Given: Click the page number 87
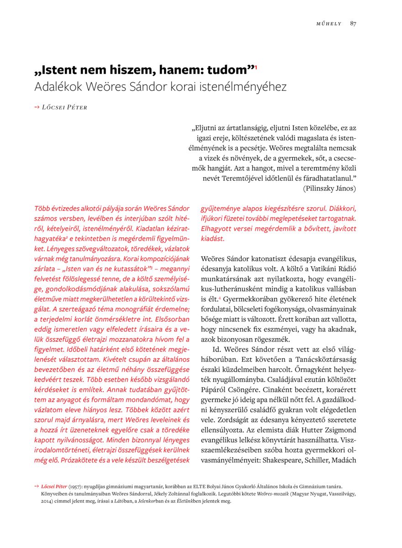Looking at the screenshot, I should click(x=353, y=24).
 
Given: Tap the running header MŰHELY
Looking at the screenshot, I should click(x=329, y=24).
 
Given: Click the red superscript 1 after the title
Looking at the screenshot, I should click(x=256, y=67).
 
